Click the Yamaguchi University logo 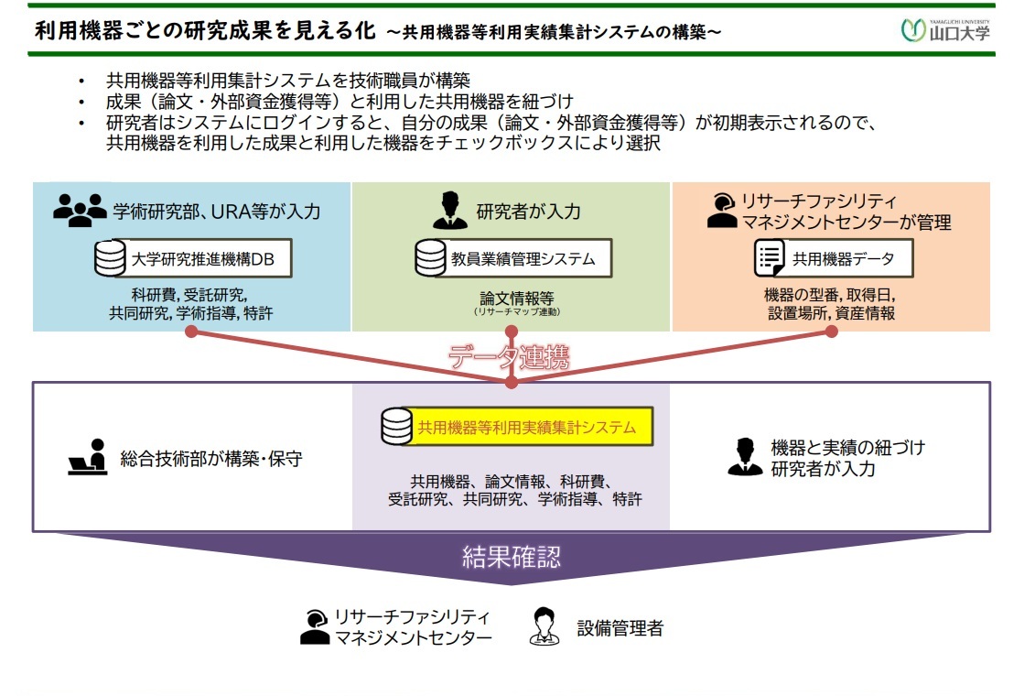[x=946, y=30]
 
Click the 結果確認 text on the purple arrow [x=511, y=557]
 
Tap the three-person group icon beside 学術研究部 [x=79, y=211]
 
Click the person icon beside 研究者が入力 [x=449, y=211]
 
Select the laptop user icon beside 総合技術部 [x=88, y=459]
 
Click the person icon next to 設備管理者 [x=544, y=627]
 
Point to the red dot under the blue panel [x=191, y=332]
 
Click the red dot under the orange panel [x=831, y=332]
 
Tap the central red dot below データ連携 [x=512, y=382]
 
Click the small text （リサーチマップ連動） [x=516, y=312]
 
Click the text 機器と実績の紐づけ [x=847, y=448]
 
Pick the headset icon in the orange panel [x=722, y=211]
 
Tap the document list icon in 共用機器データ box [x=770, y=259]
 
